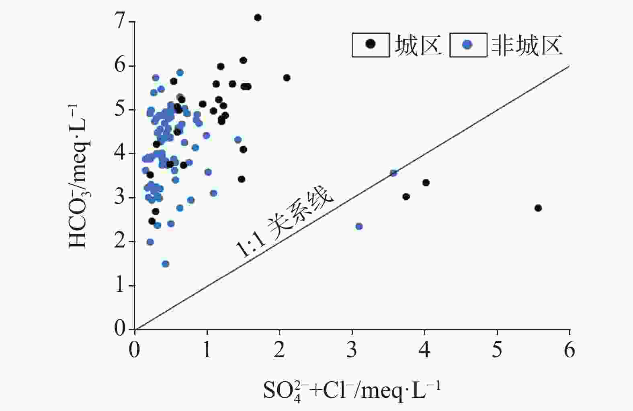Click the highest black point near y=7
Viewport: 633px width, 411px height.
(x=258, y=18)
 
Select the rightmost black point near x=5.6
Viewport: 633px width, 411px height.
(x=538, y=208)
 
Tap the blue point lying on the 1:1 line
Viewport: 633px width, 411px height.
(x=393, y=173)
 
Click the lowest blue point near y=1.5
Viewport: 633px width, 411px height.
(x=165, y=264)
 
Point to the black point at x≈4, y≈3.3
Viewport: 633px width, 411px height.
(x=426, y=183)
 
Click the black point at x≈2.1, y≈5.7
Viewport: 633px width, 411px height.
(x=287, y=78)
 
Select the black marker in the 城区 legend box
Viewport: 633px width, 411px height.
(x=371, y=44)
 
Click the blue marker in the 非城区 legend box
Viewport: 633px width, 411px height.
(x=467, y=44)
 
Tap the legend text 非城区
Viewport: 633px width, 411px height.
(x=526, y=45)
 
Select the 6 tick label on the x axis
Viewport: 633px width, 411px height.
(x=569, y=350)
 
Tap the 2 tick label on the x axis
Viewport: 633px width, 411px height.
(x=279, y=350)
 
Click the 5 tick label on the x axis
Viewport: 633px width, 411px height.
(x=497, y=350)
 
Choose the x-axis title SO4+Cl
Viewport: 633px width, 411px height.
(x=352, y=391)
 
